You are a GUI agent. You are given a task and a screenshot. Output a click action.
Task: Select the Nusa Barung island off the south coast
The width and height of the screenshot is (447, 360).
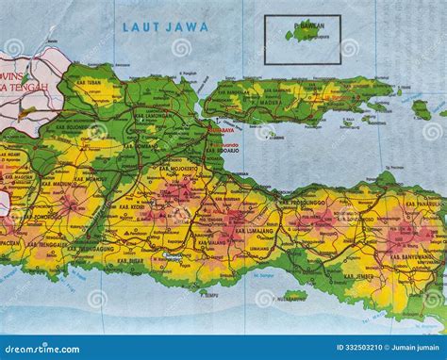coord(294,295)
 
